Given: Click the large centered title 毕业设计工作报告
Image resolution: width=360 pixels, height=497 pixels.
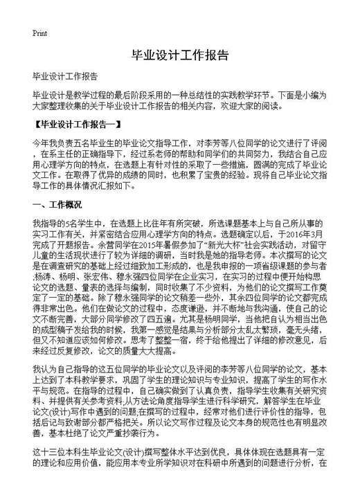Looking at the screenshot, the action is pos(179,55).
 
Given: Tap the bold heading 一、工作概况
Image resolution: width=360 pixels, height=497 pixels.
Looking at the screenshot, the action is pos(57,205).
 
